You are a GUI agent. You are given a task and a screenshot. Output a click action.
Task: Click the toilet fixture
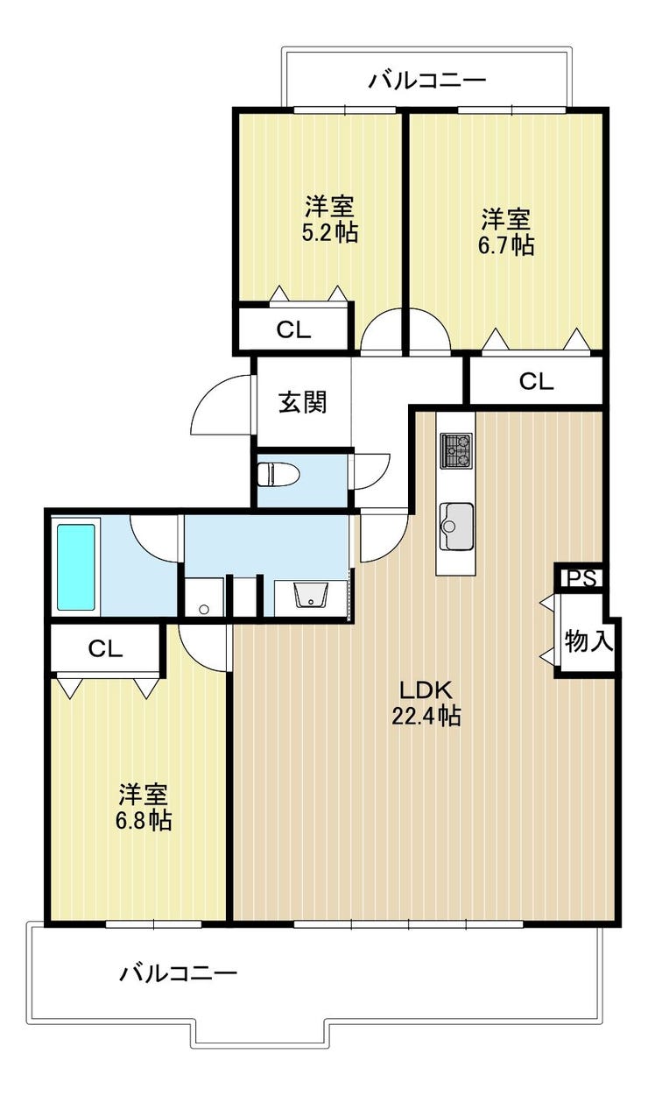click(x=278, y=474)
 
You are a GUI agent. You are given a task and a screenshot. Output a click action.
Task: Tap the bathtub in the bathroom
click(x=76, y=567)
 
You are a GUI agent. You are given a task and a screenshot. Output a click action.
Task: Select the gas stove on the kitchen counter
click(x=456, y=450)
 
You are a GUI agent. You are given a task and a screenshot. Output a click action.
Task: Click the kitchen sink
click(x=456, y=526)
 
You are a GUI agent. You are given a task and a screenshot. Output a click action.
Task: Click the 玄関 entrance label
click(x=303, y=402)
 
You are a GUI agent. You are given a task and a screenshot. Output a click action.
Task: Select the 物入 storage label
click(x=588, y=640)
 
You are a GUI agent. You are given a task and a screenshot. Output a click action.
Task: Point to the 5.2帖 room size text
click(x=329, y=233)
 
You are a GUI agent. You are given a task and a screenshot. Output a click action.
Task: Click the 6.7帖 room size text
click(x=505, y=245)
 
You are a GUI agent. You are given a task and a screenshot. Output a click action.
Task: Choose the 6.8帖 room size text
click(x=144, y=821)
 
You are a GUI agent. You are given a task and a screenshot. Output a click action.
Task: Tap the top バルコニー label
click(x=427, y=80)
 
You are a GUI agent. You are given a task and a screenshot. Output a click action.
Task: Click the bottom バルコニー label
click(x=179, y=973)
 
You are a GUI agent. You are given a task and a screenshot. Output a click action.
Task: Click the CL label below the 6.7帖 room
click(x=537, y=382)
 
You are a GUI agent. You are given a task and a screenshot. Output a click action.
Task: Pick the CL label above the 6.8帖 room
click(x=105, y=649)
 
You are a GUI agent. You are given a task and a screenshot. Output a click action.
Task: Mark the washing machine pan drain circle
click(x=204, y=609)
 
